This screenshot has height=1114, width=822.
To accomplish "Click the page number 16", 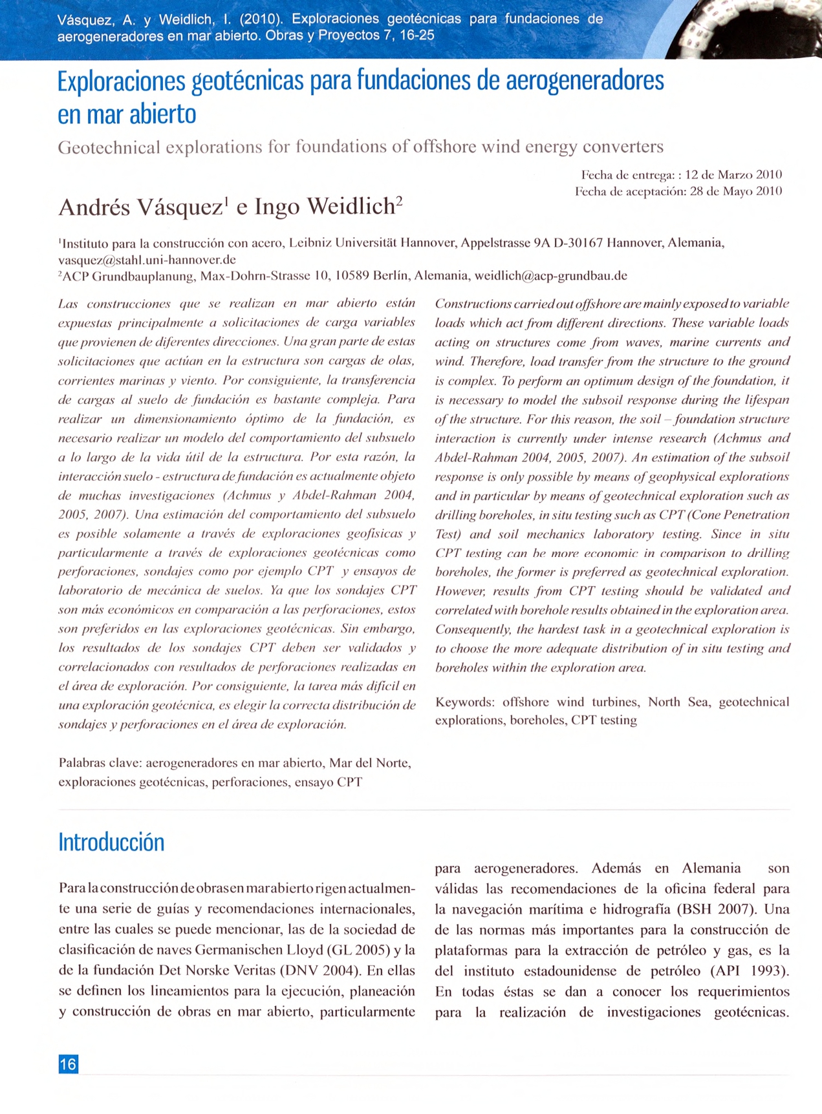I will point(68,1064).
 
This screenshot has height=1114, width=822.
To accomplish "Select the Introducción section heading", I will point(111,842).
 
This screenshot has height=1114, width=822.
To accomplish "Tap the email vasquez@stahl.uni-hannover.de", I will point(147,260).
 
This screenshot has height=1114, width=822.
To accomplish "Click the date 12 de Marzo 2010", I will point(733,175).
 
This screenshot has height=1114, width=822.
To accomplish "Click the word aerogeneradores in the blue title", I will point(585,81).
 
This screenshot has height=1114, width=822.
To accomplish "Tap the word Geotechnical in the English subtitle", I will point(109,148).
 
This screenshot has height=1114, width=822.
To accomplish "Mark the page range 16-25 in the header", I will point(417,36).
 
